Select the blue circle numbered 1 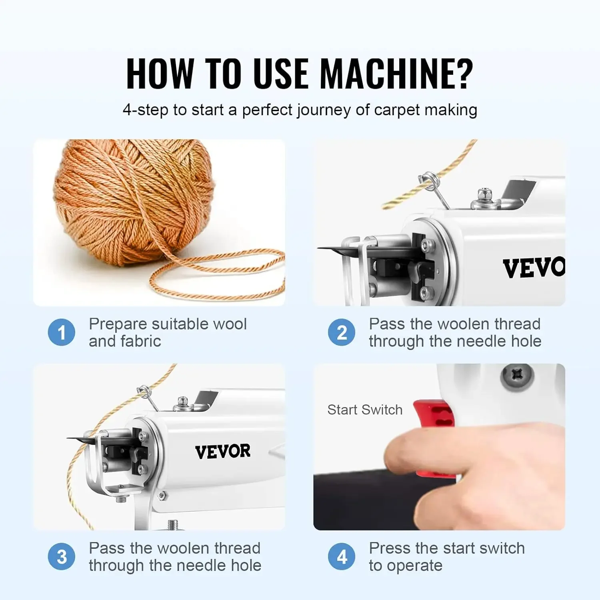click(x=61, y=332)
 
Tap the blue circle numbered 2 click(x=341, y=332)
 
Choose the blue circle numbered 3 click(x=61, y=556)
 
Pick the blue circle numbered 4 click(x=341, y=556)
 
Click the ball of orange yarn click(x=134, y=200)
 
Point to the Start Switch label click(x=364, y=410)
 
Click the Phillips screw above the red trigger click(x=517, y=376)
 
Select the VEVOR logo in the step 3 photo click(x=222, y=451)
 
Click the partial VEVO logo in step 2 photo click(x=534, y=268)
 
